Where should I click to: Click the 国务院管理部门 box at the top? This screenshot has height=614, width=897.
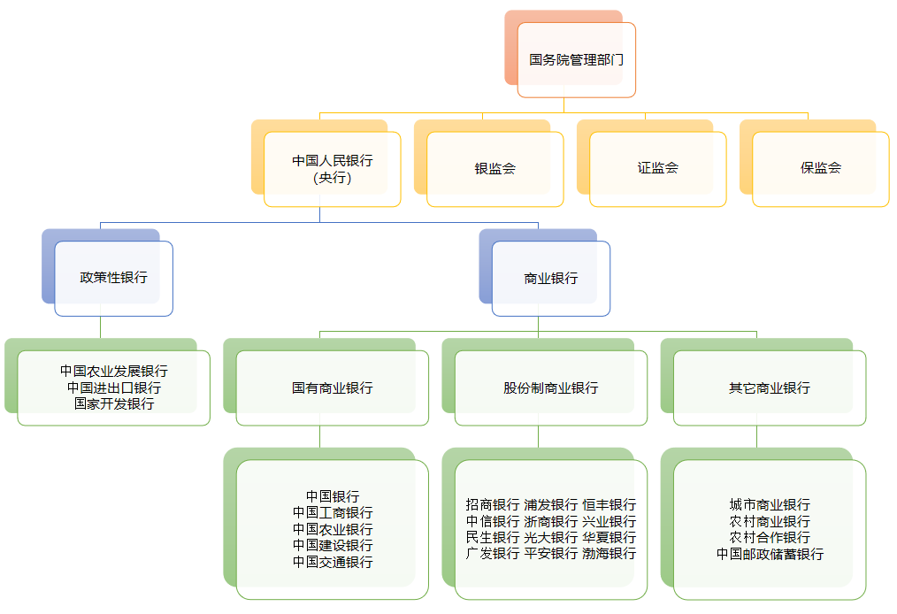click(576, 60)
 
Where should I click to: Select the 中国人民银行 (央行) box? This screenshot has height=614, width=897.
click(332, 169)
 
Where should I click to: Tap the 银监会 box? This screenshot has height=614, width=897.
click(494, 169)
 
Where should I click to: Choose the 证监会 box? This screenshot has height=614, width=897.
click(657, 168)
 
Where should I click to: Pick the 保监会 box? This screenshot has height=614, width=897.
click(820, 168)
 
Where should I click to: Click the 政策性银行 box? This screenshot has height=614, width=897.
click(113, 278)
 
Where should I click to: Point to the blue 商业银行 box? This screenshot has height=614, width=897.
click(550, 278)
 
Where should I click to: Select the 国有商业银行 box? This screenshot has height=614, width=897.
click(332, 388)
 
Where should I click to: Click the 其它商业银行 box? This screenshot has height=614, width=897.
click(769, 388)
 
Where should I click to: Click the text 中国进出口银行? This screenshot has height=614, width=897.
click(113, 388)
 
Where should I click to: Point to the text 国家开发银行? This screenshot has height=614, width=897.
click(113, 403)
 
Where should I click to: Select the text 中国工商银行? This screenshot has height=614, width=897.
click(332, 513)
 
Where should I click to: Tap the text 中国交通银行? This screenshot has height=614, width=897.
click(332, 563)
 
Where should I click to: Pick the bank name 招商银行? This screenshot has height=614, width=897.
click(493, 505)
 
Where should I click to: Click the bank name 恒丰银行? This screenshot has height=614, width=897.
click(609, 505)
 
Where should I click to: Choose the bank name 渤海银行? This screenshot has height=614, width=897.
click(609, 554)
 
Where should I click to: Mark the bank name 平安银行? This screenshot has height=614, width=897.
click(550, 554)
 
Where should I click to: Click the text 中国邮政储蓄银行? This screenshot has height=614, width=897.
click(769, 554)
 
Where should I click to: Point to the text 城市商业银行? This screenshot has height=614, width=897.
click(769, 505)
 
